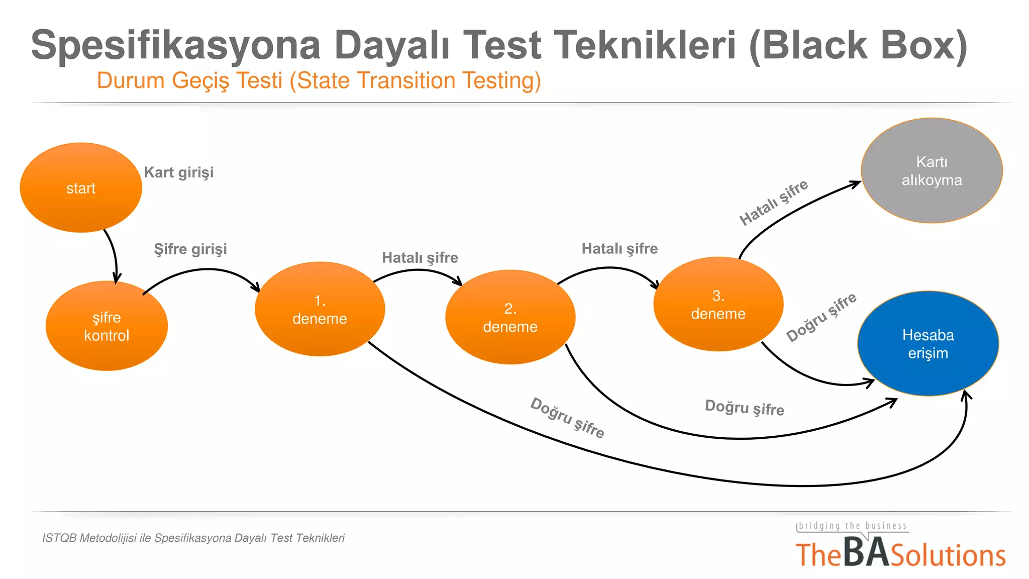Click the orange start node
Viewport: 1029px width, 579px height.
(81, 187)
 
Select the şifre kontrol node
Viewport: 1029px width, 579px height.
(107, 326)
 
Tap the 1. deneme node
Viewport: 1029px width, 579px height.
(320, 309)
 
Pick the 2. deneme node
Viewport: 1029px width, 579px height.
(510, 317)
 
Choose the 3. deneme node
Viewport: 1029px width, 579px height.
(718, 304)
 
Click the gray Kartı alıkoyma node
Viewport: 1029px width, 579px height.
(932, 171)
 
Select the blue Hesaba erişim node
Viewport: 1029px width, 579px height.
(928, 344)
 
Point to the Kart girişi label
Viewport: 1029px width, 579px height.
(178, 172)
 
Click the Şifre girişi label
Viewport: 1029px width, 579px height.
(190, 249)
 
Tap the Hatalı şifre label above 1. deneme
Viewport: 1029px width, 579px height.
(420, 258)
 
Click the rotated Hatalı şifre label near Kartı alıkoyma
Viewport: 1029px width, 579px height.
(773, 203)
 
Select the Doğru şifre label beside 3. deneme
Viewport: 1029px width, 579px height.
(821, 318)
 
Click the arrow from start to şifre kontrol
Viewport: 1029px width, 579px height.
(115, 254)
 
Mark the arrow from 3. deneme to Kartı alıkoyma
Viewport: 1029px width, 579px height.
(794, 211)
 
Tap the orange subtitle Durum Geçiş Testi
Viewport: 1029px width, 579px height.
(190, 80)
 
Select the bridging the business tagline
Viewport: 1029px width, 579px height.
(853, 526)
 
